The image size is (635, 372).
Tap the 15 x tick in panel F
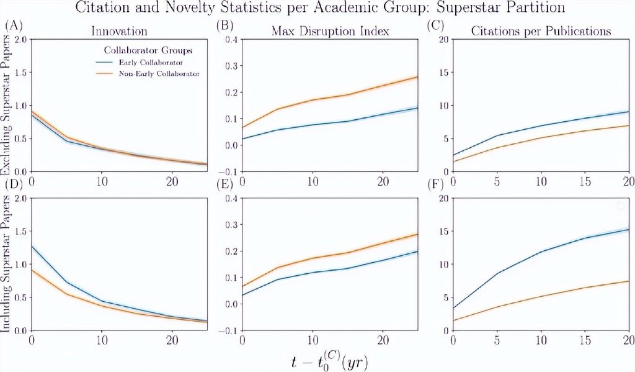coord(584,338)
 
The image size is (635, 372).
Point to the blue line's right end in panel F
coord(628,229)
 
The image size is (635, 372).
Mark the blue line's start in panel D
coord(31,246)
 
